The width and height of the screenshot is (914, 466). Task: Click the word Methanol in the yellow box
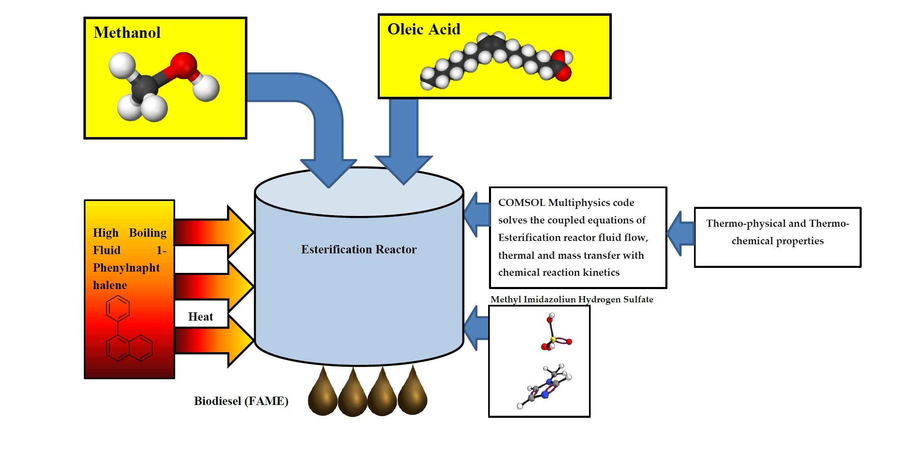click(x=127, y=32)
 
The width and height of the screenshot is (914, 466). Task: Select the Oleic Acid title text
click(x=424, y=29)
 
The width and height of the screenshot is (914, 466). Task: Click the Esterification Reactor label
click(x=359, y=249)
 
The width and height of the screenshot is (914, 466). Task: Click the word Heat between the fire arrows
click(x=200, y=316)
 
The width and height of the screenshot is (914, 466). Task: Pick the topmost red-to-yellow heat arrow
click(x=212, y=232)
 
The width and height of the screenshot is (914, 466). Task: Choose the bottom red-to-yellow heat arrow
click(x=212, y=341)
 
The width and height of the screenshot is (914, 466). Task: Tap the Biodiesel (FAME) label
click(x=241, y=401)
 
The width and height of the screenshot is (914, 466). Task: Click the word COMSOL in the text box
click(x=521, y=203)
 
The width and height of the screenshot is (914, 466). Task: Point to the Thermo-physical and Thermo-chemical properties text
click(x=777, y=232)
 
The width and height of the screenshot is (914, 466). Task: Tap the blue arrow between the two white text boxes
click(x=681, y=233)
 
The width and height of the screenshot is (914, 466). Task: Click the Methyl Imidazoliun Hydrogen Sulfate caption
click(x=572, y=299)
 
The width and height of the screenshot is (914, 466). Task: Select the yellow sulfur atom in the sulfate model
click(x=553, y=340)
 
